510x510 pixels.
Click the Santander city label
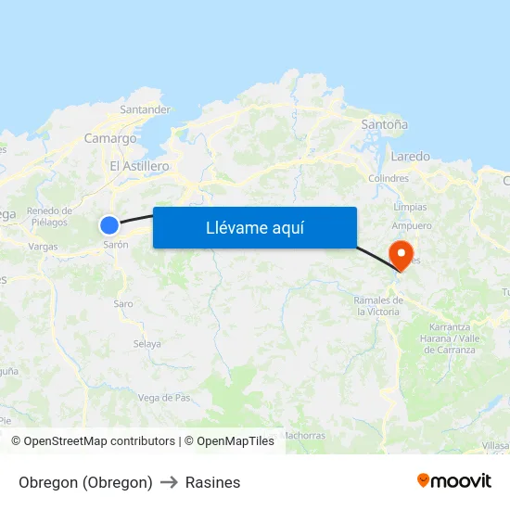[x=145, y=109]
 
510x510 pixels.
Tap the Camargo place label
[x=110, y=138]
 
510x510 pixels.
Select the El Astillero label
[x=139, y=166]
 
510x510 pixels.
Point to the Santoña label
[x=384, y=124]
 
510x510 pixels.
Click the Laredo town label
[x=410, y=156]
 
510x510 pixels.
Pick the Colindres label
[x=389, y=178]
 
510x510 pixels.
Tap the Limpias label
[x=410, y=207]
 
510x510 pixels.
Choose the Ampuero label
[x=412, y=225]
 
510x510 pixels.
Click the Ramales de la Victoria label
[x=378, y=306]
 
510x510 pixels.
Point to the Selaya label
[x=147, y=343]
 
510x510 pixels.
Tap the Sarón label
[x=116, y=245]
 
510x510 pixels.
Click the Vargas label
[x=43, y=247]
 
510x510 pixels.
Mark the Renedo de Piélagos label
[x=47, y=216]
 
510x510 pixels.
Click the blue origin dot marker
[x=109, y=224]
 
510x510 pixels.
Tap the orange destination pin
[x=402, y=253]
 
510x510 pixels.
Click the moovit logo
[x=453, y=481]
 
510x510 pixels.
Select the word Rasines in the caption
[x=212, y=482]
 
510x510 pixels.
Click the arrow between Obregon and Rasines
[x=169, y=482]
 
